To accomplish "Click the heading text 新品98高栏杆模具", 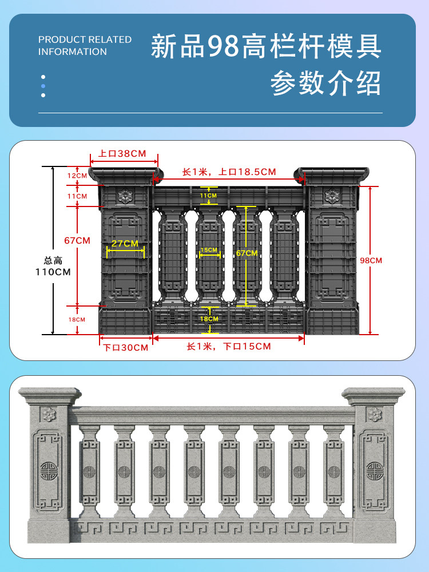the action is (x=266, y=47).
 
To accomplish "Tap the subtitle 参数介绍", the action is (x=325, y=84).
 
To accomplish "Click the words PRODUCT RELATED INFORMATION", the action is (x=85, y=46).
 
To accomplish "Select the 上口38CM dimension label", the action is (x=122, y=154).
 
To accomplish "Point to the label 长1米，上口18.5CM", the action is (x=229, y=172).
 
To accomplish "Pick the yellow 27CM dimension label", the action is (x=125, y=244).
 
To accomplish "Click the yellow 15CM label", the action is (x=209, y=250).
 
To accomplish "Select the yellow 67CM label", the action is (x=247, y=253).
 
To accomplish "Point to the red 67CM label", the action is (x=77, y=241).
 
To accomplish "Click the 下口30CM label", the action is (x=125, y=347).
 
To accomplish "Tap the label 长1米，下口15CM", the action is (x=229, y=347).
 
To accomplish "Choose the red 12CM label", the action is (x=77, y=176).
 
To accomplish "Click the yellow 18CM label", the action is (x=209, y=319).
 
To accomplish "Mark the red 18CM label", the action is (x=77, y=319).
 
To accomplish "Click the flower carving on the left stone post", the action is (x=49, y=414).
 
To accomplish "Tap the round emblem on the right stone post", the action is (x=375, y=468).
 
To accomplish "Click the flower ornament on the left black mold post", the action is (x=124, y=196).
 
